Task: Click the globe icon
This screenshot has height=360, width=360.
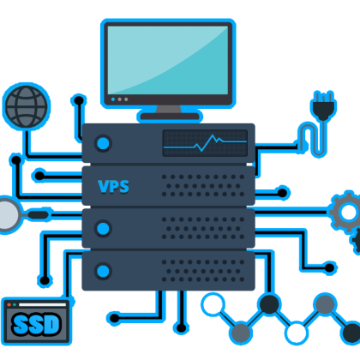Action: coord(27,106)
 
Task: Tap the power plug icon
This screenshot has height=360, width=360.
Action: coord(323,106)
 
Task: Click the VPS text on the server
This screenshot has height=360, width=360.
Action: coord(113,187)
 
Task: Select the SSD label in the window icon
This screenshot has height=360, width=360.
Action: coord(36,324)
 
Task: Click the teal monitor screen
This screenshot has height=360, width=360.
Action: coord(168,60)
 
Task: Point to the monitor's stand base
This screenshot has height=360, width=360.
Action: coord(170,117)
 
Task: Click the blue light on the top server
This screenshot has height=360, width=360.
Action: coord(103,143)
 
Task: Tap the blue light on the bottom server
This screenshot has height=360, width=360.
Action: coord(103,271)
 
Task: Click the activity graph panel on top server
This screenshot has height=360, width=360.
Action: coord(205,143)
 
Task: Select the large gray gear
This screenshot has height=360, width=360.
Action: coord(348,212)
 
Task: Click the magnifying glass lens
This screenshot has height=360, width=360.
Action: coord(8,215)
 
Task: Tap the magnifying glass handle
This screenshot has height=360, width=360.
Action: coord(38,215)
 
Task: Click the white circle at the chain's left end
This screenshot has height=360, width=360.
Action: coord(213,304)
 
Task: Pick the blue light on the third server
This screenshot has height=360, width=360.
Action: coord(103,229)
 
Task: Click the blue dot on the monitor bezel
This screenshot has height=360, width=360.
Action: coord(113,99)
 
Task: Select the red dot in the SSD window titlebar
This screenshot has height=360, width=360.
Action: coord(9,305)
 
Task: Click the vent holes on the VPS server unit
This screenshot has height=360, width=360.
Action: coord(203,186)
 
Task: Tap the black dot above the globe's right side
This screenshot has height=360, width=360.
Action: coord(79,100)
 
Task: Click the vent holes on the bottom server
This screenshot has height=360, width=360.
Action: coord(203,271)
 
